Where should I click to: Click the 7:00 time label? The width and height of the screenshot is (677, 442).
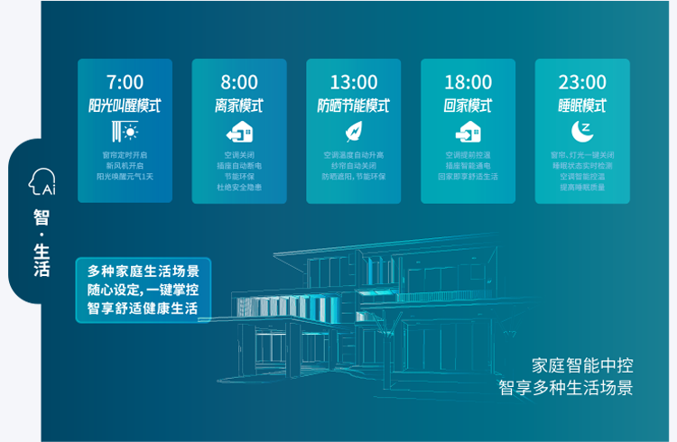(125, 83)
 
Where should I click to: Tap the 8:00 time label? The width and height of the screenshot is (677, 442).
(239, 83)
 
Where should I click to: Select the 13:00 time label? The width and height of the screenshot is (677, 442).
(354, 83)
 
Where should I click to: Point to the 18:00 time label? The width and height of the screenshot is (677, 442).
(468, 83)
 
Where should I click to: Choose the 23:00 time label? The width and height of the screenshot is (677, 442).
(582, 83)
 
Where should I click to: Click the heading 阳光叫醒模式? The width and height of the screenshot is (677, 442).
(125, 106)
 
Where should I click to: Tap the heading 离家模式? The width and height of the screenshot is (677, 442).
(239, 106)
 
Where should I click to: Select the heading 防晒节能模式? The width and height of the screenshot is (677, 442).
(354, 106)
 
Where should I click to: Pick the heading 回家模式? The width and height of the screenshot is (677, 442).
(468, 106)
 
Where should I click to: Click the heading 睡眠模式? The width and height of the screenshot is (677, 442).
(582, 106)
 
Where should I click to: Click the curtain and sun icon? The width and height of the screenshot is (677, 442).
(125, 131)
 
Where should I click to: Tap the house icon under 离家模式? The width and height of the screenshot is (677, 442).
(239, 131)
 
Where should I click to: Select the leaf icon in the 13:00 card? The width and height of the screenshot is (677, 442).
(354, 131)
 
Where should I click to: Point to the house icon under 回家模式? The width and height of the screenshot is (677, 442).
(468, 131)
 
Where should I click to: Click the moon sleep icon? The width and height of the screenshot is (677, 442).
(582, 131)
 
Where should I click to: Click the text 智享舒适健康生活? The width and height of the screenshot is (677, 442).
(144, 308)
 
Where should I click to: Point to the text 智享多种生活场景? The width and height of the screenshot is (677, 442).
(566, 388)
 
